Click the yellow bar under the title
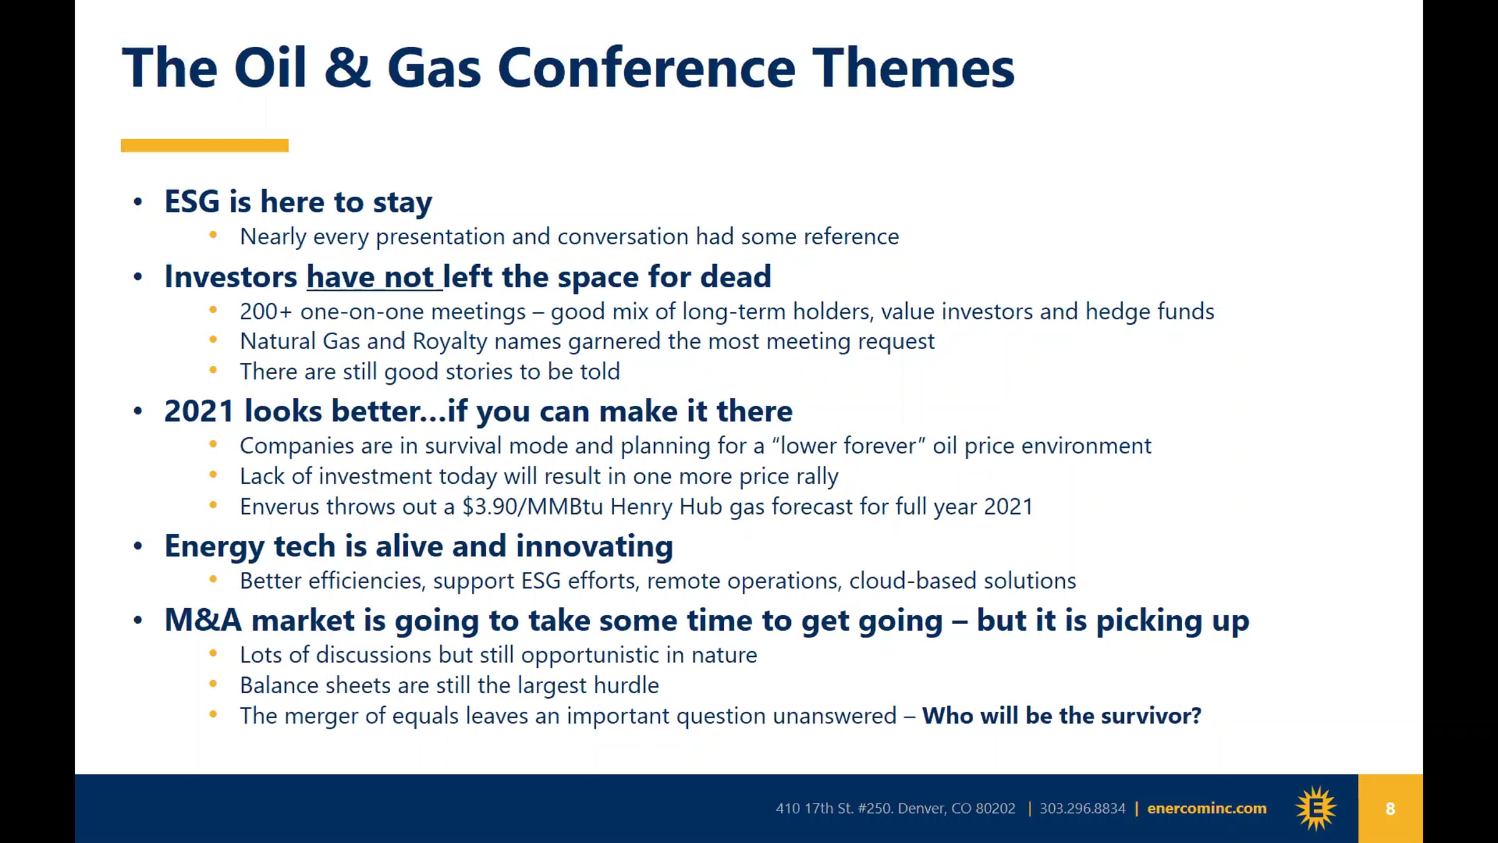pyautogui.click(x=205, y=145)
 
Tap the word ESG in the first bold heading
pyautogui.click(x=192, y=202)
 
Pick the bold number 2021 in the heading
pyautogui.click(x=199, y=411)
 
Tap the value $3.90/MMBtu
pyautogui.click(x=533, y=506)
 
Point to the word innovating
pyautogui.click(x=595, y=546)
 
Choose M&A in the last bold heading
pyautogui.click(x=203, y=620)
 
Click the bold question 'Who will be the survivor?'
pyautogui.click(x=1062, y=716)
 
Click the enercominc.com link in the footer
pyautogui.click(x=1207, y=809)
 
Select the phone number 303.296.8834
pyautogui.click(x=1082, y=809)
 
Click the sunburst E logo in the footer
pyautogui.click(x=1316, y=809)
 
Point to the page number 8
pyautogui.click(x=1390, y=809)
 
